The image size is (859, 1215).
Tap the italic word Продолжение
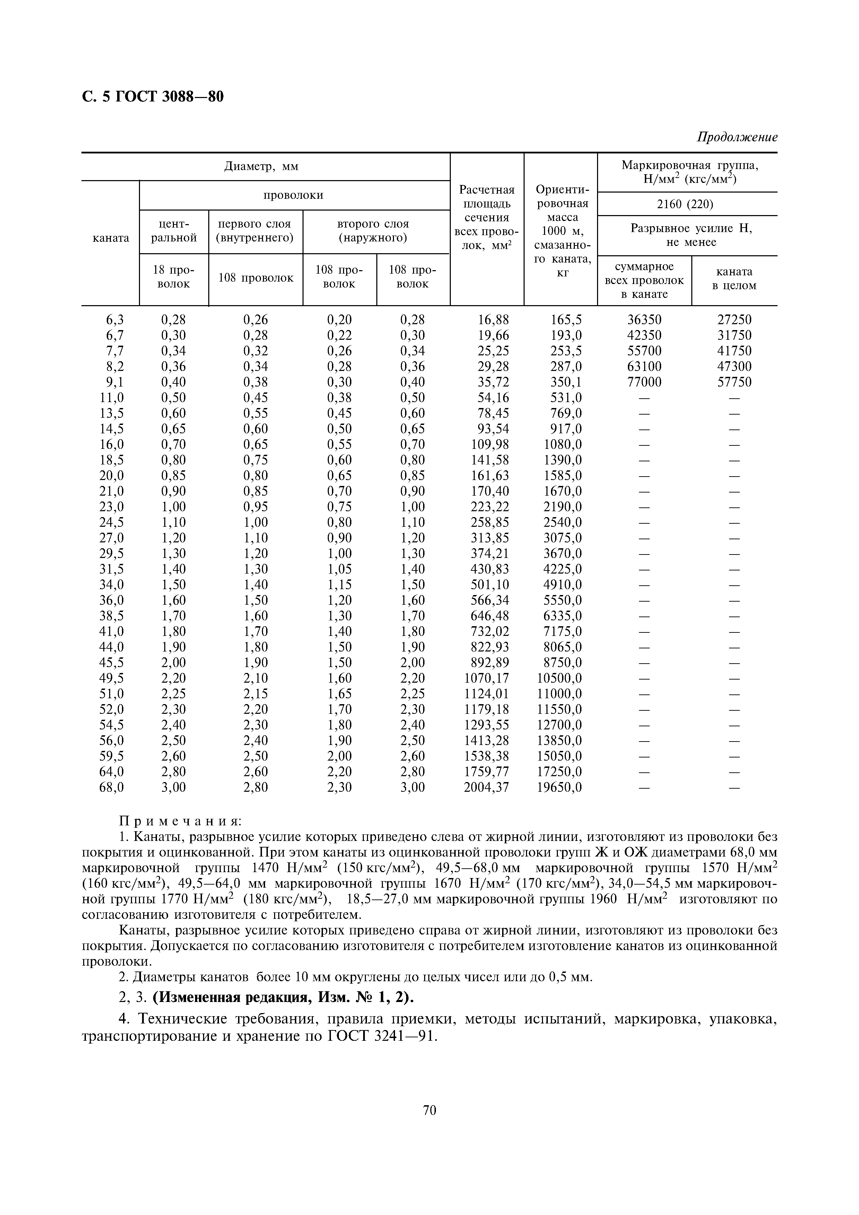tap(737, 138)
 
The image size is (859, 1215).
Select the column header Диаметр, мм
tap(262, 167)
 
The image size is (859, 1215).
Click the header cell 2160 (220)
tap(687, 204)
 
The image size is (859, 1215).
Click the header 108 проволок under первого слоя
tap(256, 278)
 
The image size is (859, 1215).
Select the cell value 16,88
tap(486, 320)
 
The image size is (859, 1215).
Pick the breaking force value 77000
tap(644, 382)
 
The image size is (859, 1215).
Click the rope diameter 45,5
tap(112, 663)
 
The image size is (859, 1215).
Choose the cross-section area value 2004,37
tap(486, 787)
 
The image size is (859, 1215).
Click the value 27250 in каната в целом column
tap(734, 320)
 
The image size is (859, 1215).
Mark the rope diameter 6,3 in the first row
tap(114, 320)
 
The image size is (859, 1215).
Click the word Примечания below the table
tap(180, 821)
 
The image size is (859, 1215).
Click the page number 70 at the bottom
tap(430, 1110)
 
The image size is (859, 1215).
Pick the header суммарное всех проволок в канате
tap(644, 281)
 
